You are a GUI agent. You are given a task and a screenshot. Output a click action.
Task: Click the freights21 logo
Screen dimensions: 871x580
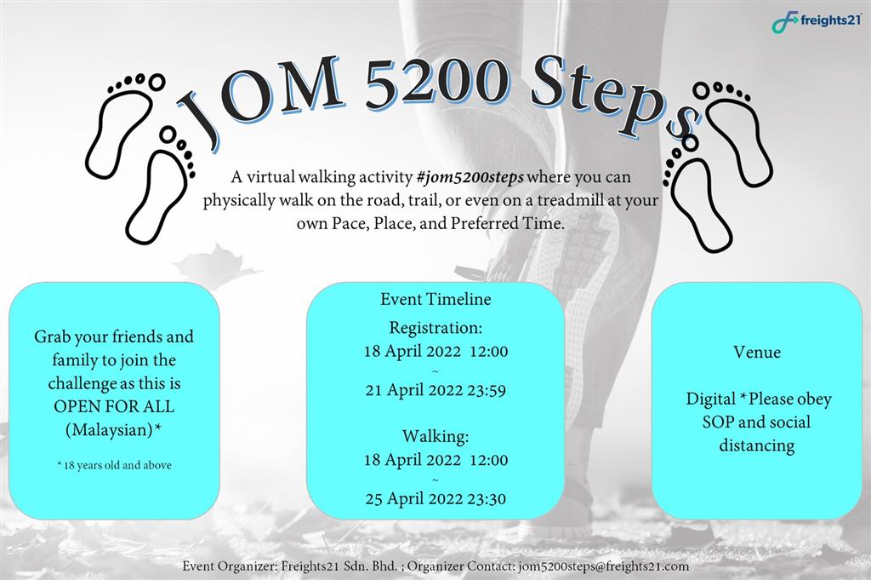(817, 21)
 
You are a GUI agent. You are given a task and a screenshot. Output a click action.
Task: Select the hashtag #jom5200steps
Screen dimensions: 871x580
(470, 177)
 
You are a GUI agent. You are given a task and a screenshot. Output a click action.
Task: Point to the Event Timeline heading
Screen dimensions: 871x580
(435, 299)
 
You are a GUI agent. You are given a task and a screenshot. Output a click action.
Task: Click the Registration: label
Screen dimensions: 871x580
(435, 328)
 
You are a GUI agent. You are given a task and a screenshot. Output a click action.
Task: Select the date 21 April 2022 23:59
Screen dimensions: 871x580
(435, 390)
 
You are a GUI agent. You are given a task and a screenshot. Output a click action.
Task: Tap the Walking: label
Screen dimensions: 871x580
(435, 436)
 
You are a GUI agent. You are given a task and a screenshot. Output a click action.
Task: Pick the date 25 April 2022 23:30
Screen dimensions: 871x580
(435, 498)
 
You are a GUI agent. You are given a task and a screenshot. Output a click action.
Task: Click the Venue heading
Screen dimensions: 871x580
(756, 352)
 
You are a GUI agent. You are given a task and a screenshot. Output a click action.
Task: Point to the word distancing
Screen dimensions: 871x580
(756, 445)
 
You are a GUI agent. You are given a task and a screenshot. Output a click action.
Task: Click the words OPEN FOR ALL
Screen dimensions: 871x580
(114, 406)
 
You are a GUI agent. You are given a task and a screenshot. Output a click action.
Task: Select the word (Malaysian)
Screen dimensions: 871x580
(109, 430)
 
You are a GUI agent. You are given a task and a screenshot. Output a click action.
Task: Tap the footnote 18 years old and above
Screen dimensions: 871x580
(117, 465)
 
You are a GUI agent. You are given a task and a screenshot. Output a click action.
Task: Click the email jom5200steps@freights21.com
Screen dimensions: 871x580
(603, 566)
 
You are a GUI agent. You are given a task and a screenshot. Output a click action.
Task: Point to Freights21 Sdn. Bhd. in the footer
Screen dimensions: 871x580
(339, 566)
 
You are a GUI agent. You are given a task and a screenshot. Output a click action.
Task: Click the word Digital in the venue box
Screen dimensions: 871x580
(711, 399)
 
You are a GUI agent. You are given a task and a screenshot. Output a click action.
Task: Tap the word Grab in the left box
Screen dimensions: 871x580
(52, 336)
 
